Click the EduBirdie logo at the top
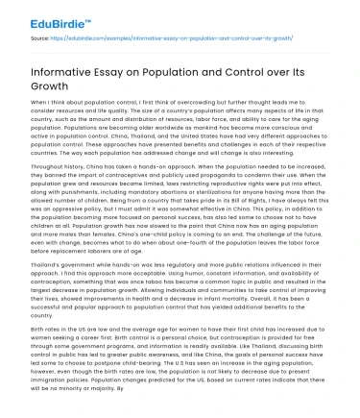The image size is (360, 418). tap(45, 16)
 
